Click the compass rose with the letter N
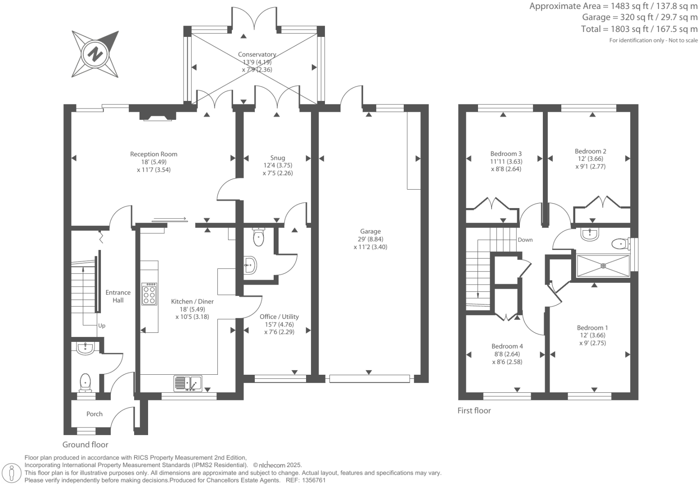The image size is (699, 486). point(95,54)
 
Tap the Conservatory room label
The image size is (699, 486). point(257,55)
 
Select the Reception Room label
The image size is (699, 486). point(153,154)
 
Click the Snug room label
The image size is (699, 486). point(277,158)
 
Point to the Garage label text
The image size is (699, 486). point(370,232)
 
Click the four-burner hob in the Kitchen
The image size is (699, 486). point(149,294)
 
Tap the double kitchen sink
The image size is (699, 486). point(188,383)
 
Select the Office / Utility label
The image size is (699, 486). point(279,317)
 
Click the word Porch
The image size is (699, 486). point(95,414)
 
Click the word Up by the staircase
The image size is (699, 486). point(102,326)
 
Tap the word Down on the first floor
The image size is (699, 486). point(525,240)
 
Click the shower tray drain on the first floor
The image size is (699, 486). point(603,266)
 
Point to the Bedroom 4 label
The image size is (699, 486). point(507,346)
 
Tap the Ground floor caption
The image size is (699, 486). point(85,445)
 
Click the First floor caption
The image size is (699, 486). point(474,410)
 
